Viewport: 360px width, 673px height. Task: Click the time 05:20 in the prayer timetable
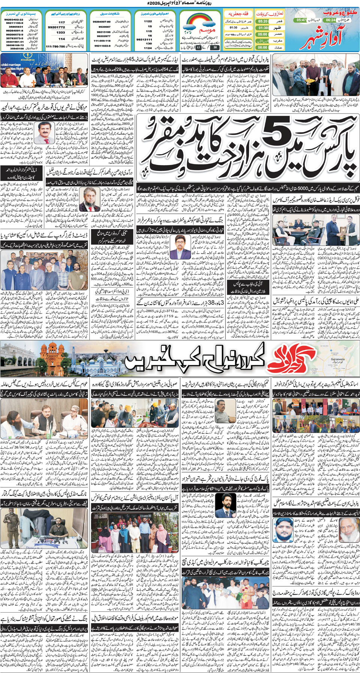[x=263, y=21]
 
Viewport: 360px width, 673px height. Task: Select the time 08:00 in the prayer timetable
[x=263, y=47]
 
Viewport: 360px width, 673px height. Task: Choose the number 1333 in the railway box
[x=61, y=33]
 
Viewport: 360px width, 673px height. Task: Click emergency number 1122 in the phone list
[x=148, y=21]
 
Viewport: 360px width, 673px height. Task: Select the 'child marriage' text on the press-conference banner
[x=11, y=64]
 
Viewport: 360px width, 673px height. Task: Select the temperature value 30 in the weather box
[x=215, y=48]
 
